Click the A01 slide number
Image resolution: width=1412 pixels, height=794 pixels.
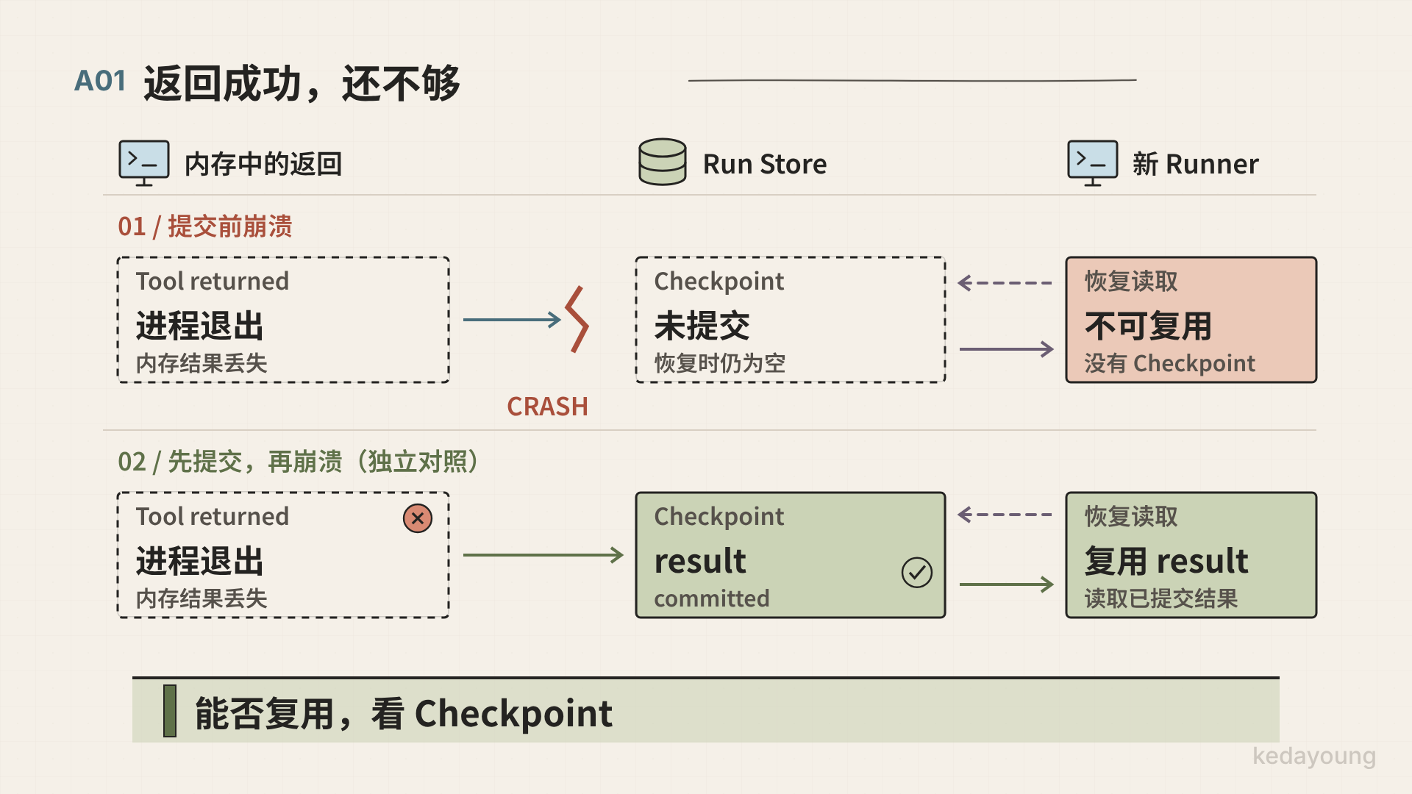coord(100,81)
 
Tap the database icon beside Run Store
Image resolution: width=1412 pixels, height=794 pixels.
coord(662,162)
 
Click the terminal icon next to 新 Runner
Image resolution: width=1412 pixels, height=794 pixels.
coord(1092,162)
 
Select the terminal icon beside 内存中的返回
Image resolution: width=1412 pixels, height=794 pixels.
coord(144,162)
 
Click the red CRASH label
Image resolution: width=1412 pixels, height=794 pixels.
coord(547,407)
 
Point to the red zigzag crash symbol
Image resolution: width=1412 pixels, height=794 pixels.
coord(577,319)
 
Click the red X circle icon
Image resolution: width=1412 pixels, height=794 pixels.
coord(418,518)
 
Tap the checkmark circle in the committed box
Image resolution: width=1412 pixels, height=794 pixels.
coord(917,572)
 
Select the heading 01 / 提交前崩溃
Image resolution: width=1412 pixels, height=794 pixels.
coord(205,226)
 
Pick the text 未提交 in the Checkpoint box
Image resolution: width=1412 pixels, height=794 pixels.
coord(702,326)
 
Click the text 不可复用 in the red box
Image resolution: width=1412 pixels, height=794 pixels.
coord(1148,326)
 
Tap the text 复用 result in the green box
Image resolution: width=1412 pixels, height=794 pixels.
coord(1166,561)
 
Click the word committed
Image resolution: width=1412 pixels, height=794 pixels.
coord(712,598)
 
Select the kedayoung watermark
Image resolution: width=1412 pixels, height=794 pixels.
coord(1314,756)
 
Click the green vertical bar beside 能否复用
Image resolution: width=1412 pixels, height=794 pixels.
coord(170,711)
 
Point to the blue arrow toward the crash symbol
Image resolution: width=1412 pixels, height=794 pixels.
coord(512,320)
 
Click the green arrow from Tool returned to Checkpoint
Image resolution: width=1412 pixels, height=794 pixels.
coord(543,555)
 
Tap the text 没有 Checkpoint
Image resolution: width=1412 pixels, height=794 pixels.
coord(1169,363)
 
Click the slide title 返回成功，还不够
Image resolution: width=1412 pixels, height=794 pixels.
coord(302,83)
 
